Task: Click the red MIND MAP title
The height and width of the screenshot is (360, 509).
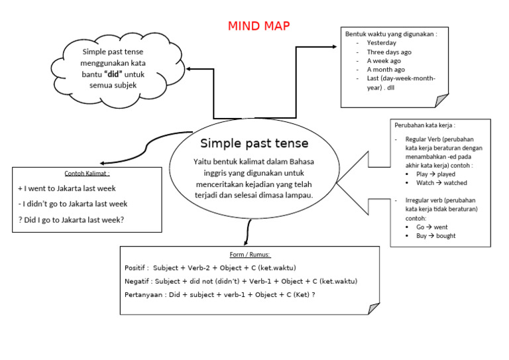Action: [258, 26]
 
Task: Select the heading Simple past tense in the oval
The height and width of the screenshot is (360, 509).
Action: [254, 143]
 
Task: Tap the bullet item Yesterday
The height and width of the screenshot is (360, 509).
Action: [381, 43]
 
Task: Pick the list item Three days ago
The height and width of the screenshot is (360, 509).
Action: [389, 52]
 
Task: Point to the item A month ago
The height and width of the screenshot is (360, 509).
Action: [386, 69]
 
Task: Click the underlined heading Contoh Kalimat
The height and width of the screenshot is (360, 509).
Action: [87, 174]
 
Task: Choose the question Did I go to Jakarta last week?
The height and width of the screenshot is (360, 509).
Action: [72, 219]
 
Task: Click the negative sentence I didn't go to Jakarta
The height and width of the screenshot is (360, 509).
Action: [73, 204]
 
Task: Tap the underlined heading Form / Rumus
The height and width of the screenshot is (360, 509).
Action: [249, 255]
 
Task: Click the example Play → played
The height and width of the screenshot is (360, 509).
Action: [435, 174]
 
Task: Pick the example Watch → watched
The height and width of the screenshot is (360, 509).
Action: [441, 183]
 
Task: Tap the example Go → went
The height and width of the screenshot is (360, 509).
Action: [431, 227]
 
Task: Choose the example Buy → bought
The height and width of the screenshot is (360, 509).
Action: [435, 236]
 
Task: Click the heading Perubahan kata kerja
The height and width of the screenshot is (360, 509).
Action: [425, 125]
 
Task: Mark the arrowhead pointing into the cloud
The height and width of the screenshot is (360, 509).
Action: [189, 68]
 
